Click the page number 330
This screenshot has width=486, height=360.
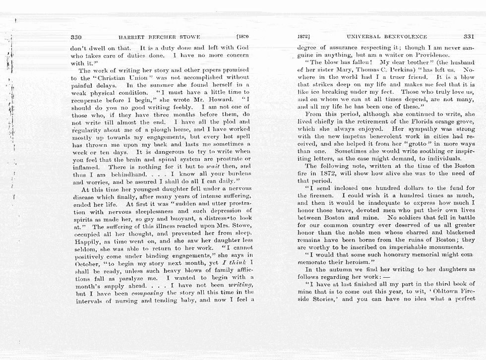(76, 37)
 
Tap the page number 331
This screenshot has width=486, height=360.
(469, 36)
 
